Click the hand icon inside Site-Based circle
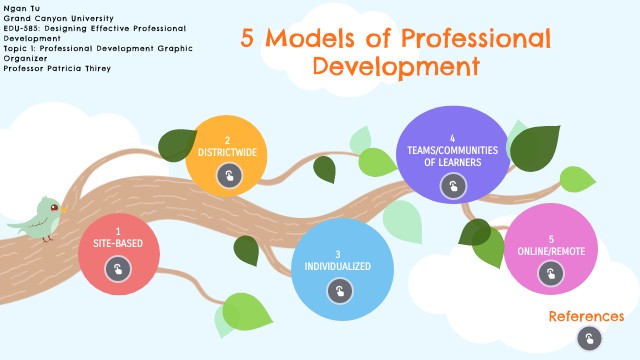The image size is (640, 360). [118, 268]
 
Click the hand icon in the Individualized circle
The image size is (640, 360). [339, 291]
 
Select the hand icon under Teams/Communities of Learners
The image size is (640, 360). [453, 186]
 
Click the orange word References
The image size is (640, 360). [586, 317]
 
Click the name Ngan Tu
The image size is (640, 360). [22, 7]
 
